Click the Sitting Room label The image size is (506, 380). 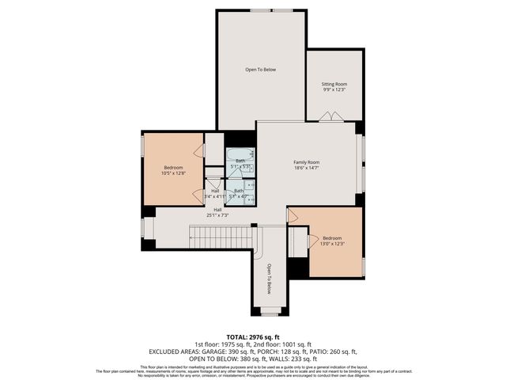(x=334, y=84)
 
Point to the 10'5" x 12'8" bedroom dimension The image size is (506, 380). (x=174, y=173)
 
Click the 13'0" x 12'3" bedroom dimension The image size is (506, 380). (x=332, y=244)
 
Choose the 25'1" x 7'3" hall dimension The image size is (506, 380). (x=217, y=215)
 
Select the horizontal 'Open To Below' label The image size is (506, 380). (x=260, y=70)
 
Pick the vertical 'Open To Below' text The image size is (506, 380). (x=269, y=279)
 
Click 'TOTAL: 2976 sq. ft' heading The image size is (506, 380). (x=253, y=338)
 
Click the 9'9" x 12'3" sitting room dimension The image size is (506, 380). (x=334, y=90)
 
